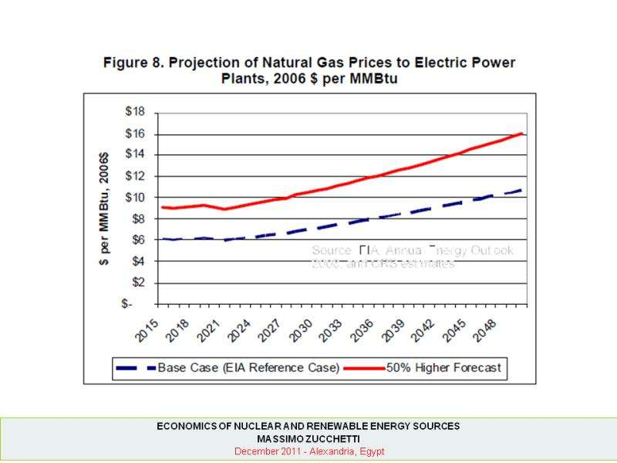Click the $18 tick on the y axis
coord(135,111)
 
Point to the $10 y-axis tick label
coord(135,197)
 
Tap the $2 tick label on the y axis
coord(137,282)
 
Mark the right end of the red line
coord(524,133)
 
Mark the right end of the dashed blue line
coord(523,189)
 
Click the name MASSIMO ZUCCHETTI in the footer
coord(308,438)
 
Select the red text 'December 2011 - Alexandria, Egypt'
coord(308,451)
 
